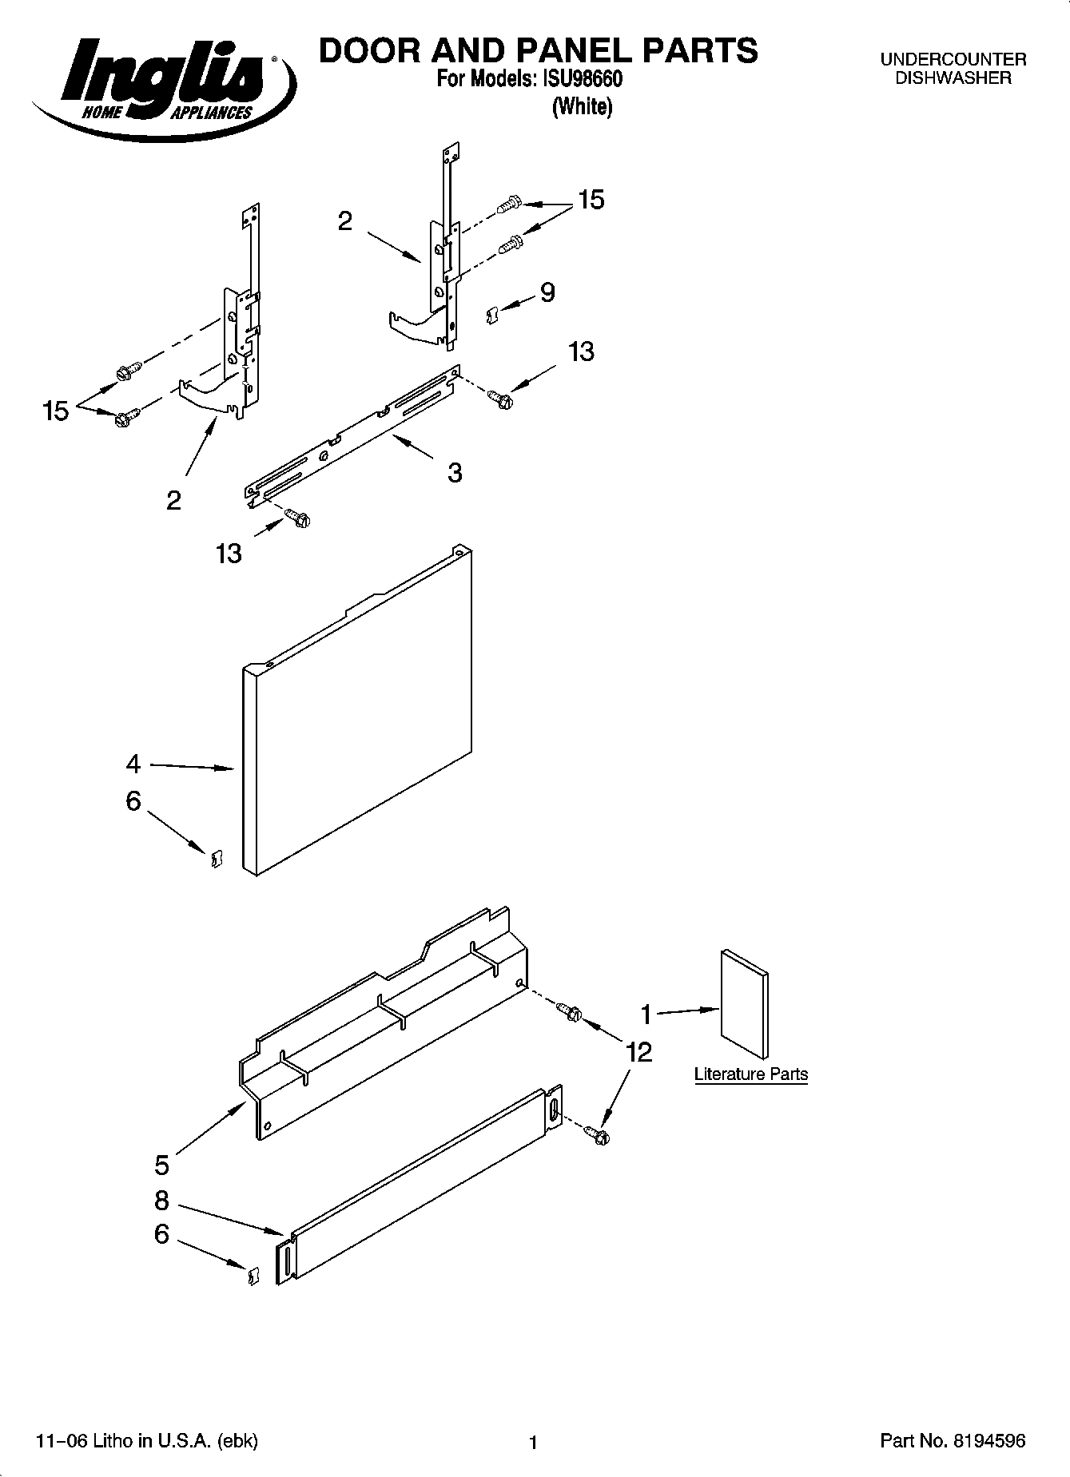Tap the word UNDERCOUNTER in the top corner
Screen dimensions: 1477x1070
[x=953, y=59]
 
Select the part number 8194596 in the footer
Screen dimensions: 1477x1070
[x=988, y=1441]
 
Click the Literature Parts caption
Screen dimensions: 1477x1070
[x=750, y=1074]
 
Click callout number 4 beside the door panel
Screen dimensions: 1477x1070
[x=133, y=764]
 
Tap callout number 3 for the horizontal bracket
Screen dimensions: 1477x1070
[x=454, y=473]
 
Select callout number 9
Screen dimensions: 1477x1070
[x=547, y=292]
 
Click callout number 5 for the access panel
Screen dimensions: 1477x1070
[x=162, y=1165]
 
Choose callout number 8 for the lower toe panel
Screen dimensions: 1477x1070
[x=162, y=1201]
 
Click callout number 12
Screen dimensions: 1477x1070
[x=639, y=1052]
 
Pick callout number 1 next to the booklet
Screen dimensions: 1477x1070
[x=646, y=1014]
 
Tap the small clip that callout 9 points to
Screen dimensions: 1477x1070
[x=492, y=316]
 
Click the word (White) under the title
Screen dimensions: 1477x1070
[x=582, y=106]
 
